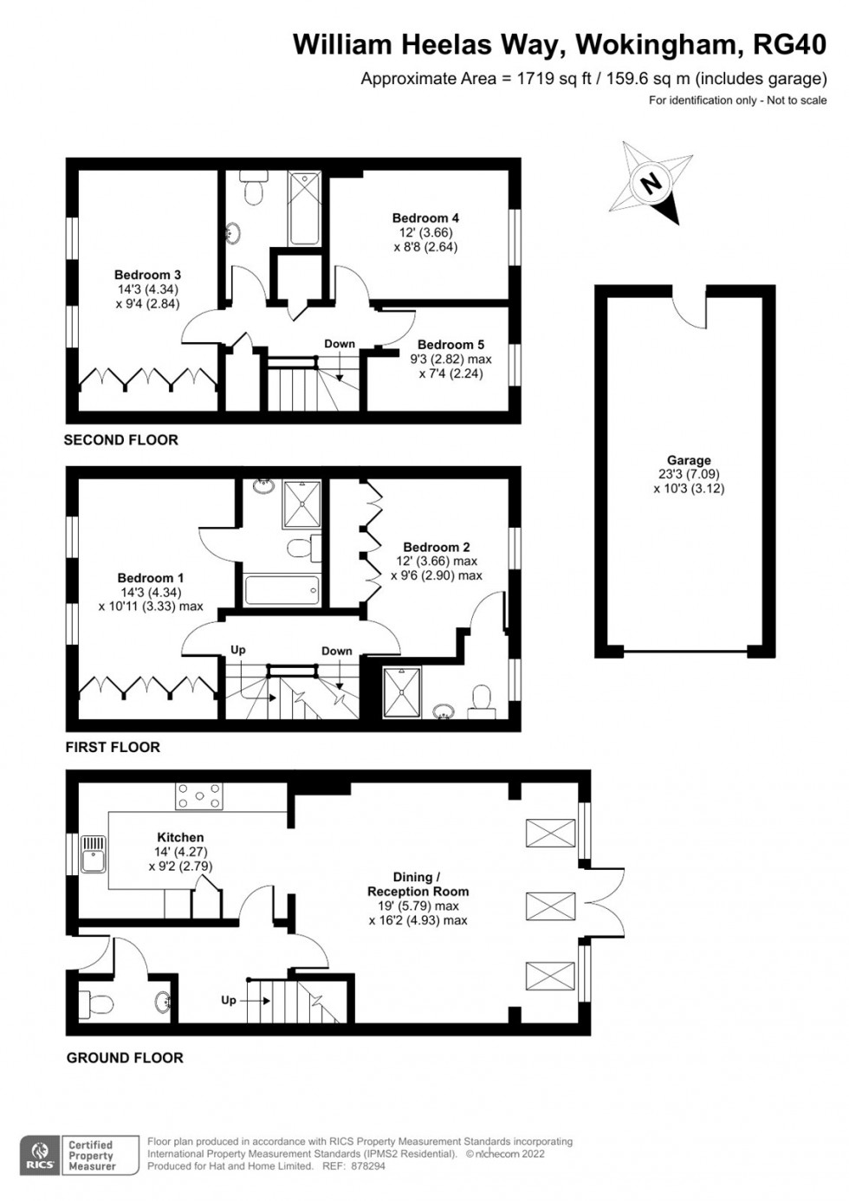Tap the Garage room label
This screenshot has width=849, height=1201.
[689, 460]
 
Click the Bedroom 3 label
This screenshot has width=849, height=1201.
[147, 275]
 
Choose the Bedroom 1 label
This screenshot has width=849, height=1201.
[151, 578]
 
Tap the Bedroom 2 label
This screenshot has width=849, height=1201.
[437, 547]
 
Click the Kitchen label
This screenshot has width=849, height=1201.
[180, 837]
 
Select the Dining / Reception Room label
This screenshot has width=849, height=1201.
[418, 884]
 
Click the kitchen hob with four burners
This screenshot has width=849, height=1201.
[199, 795]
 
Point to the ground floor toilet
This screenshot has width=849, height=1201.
[96, 1004]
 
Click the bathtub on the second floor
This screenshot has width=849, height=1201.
[305, 209]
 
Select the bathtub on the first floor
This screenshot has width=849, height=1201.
[282, 590]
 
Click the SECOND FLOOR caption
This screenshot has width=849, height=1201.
[120, 440]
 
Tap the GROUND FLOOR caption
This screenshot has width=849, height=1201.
[125, 1057]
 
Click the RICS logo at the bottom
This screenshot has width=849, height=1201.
[40, 1155]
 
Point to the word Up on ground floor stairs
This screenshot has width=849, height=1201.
[228, 1000]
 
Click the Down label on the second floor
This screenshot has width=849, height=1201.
[340, 344]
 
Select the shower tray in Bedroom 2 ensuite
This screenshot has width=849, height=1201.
[402, 691]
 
